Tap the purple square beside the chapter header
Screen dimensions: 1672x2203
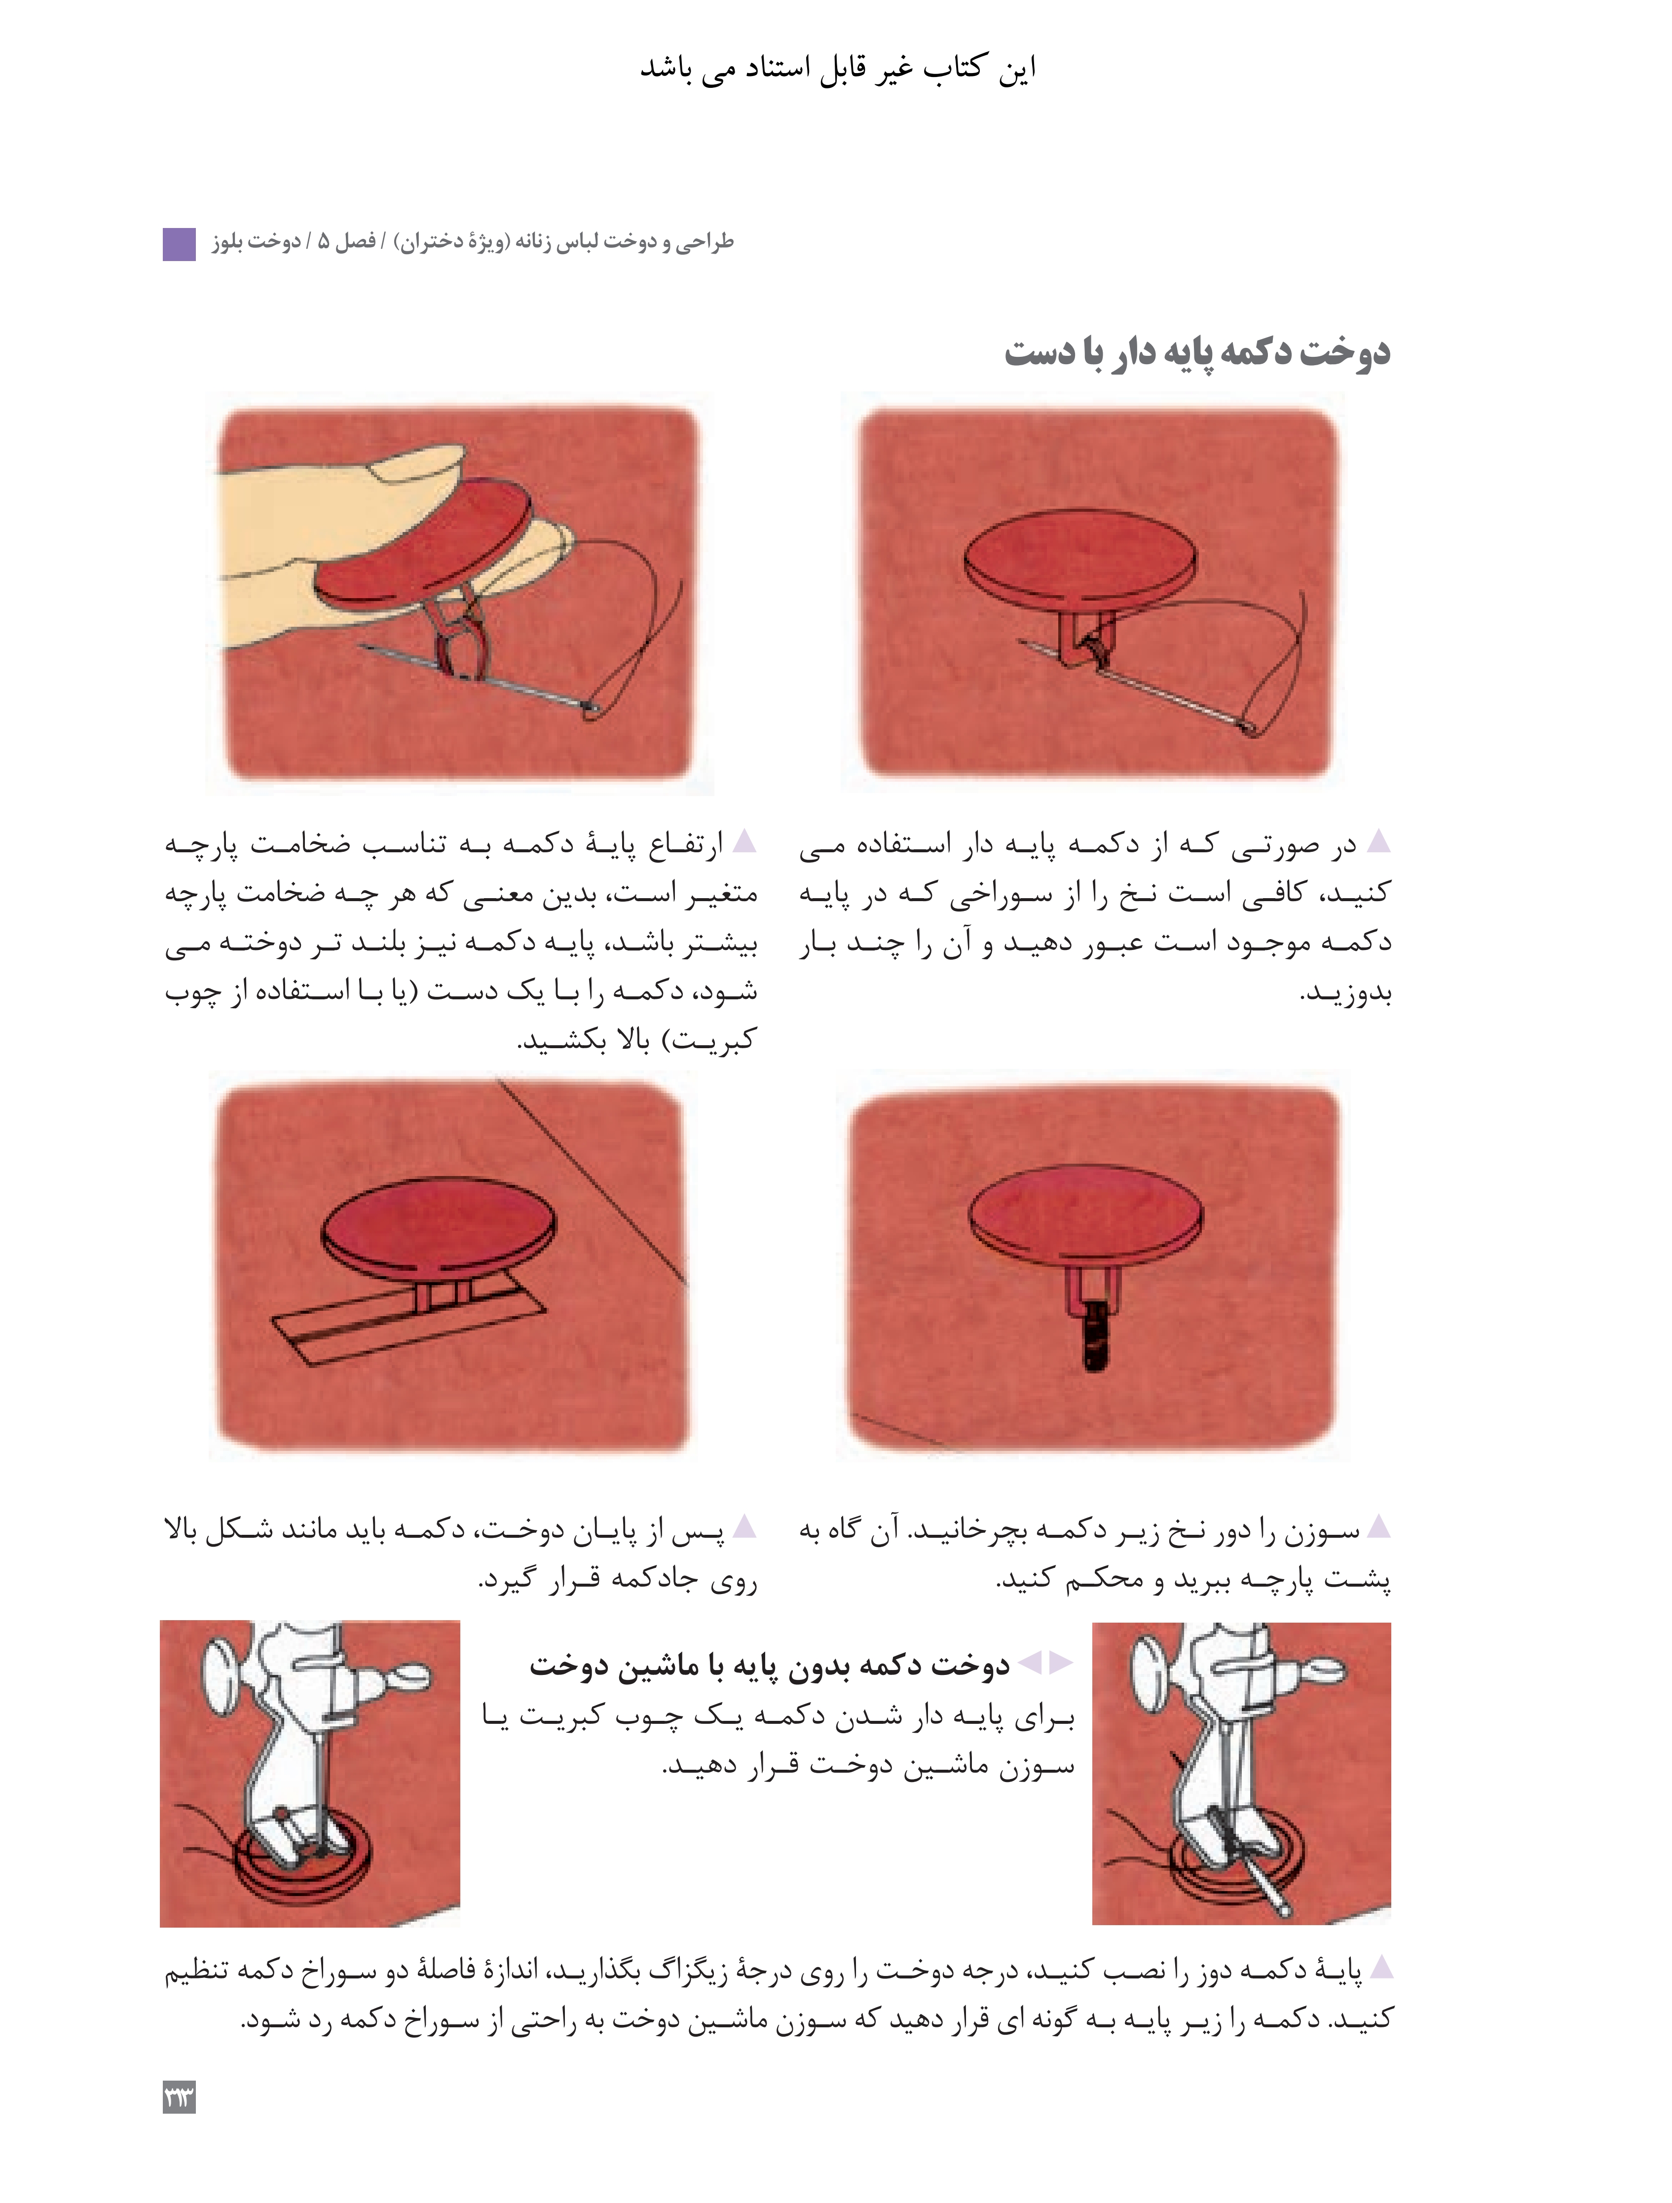(x=179, y=244)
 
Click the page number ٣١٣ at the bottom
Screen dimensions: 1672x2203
(x=179, y=2096)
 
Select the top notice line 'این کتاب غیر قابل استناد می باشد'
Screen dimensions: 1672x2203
(x=838, y=68)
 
